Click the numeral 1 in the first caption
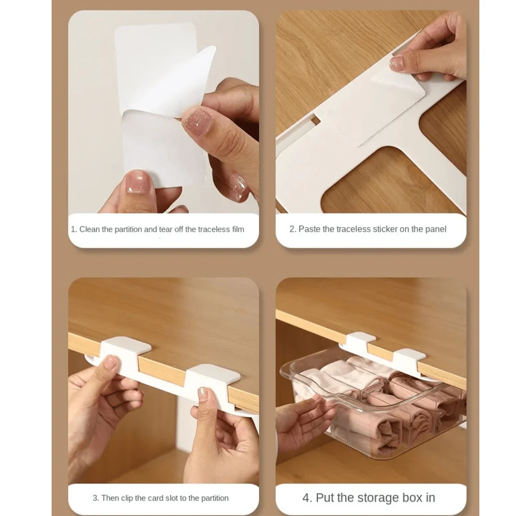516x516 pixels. tap(73, 229)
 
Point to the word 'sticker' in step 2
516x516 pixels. tap(384, 229)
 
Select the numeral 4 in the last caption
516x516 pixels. tap(307, 498)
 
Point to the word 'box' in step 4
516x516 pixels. tap(407, 498)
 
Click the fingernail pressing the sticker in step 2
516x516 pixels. tap(397, 63)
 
